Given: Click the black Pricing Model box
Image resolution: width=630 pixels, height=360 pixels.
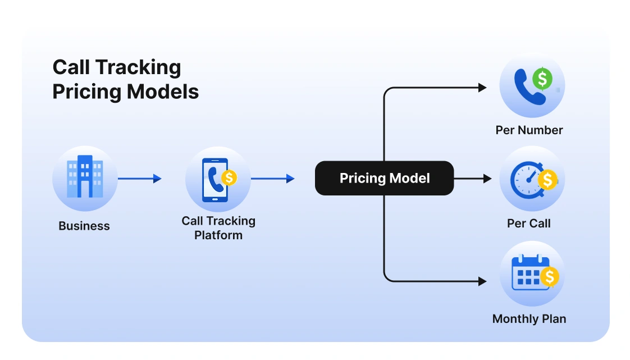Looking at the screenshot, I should tap(384, 178).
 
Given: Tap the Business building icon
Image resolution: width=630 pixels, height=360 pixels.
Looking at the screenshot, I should tap(85, 178).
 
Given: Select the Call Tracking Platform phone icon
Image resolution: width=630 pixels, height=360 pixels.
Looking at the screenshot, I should tap(217, 179).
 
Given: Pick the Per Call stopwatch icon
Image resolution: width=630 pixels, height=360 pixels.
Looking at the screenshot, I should tap(532, 179).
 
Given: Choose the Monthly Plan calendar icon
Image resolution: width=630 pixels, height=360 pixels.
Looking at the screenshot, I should tap(532, 274).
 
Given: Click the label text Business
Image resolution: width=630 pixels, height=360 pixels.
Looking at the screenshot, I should tap(84, 226).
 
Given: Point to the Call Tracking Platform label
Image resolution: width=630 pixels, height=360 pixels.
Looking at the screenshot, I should tap(218, 228).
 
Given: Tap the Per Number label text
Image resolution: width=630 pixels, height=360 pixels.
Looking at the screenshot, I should tap(529, 130).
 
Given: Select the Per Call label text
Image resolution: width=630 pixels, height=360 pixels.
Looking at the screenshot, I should tap(529, 224).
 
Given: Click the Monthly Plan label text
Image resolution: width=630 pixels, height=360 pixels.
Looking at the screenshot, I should tap(529, 319).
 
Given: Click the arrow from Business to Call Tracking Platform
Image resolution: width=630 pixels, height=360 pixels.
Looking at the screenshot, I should tap(140, 179).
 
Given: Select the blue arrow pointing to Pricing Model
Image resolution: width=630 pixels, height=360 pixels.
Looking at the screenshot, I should tap(272, 179).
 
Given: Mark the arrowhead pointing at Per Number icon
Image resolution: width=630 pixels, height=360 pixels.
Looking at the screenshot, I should tap(482, 88).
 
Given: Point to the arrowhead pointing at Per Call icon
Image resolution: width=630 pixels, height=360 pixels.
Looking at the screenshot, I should tap(487, 179).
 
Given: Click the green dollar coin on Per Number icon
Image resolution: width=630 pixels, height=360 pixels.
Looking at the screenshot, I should tap(542, 79).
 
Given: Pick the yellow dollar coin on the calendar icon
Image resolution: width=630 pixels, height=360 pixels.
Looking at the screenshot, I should tap(550, 276).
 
